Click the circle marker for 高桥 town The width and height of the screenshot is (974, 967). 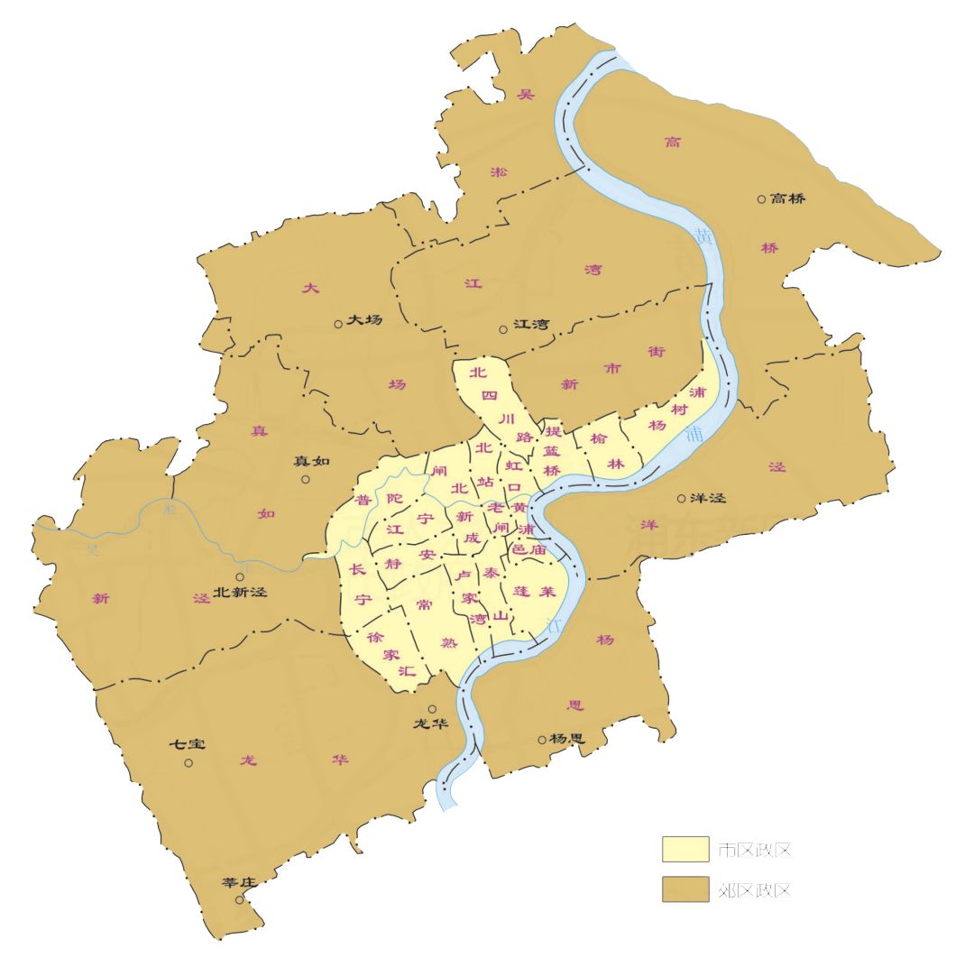point(761,199)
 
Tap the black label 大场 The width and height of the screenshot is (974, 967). point(364,320)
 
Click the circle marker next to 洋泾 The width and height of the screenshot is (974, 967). point(682,498)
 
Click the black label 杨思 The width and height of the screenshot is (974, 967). point(567,739)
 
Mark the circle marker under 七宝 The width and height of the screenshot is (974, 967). point(188,763)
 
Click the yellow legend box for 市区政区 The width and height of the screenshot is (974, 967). point(685,849)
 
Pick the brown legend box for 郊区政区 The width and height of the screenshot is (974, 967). point(685,889)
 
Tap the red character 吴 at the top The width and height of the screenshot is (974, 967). point(526,94)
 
